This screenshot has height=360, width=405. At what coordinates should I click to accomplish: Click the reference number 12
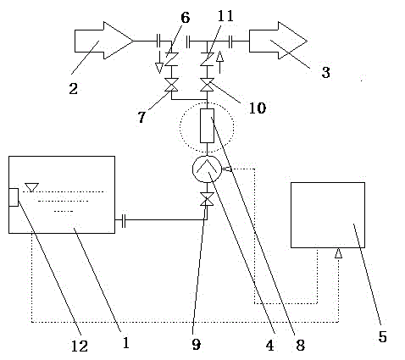coord(80,346)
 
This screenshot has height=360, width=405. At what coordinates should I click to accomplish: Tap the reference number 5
coord(382,336)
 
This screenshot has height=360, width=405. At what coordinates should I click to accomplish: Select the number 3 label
coord(326,72)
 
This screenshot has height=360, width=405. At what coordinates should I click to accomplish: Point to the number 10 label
coord(258,108)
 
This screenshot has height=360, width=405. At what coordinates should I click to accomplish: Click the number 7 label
coord(141,117)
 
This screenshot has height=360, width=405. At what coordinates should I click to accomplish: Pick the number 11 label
coord(225,16)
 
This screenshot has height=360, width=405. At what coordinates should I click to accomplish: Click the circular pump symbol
coord(207,169)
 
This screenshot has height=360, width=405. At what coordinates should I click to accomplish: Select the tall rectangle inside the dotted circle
coord(207,125)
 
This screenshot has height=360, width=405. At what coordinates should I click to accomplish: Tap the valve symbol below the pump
coord(207,199)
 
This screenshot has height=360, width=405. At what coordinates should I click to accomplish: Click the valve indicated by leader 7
coord(171,85)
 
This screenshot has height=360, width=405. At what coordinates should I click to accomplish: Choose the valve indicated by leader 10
coord(207,85)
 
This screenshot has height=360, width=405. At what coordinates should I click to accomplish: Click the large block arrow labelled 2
coord(104,41)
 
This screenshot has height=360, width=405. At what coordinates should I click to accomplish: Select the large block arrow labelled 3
coord(278,41)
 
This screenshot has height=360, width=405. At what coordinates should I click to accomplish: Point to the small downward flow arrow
coord(159,62)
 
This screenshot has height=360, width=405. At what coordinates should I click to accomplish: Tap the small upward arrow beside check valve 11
coord(219,62)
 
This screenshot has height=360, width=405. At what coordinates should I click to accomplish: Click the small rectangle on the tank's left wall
coord(14,197)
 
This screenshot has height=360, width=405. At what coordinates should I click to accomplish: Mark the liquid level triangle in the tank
coord(31,187)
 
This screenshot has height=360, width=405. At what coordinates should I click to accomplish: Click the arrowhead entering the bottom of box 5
coord(338,253)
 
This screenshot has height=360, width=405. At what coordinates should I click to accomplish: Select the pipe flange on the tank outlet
coord(124,219)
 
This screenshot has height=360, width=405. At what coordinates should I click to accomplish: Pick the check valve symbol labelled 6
coord(171,59)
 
